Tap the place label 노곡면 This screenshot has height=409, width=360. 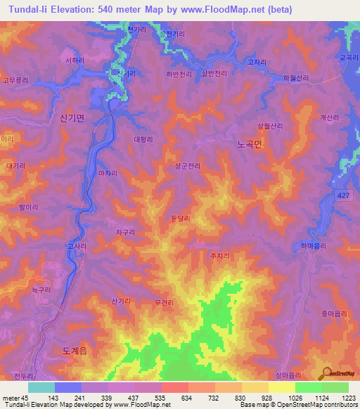click(x=248, y=143)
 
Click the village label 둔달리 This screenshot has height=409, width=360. click(x=181, y=219)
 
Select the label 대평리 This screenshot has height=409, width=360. click(x=143, y=139)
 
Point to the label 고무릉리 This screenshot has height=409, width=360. click(x=15, y=80)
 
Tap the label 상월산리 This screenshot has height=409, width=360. click(x=269, y=126)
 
